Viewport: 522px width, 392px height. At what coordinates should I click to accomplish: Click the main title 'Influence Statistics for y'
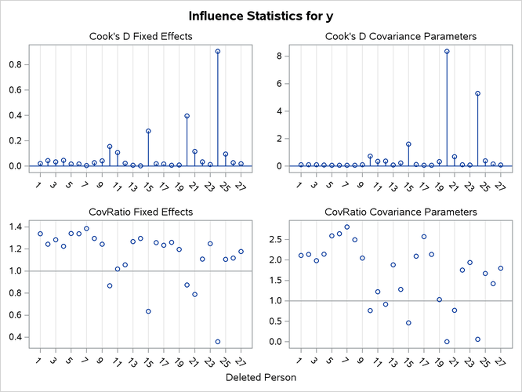(x=261, y=16)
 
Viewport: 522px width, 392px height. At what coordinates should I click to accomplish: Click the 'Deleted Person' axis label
(x=261, y=378)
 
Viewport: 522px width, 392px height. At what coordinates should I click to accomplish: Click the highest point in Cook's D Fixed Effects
(x=218, y=52)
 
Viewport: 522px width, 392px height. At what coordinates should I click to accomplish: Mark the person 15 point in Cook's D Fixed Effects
(x=148, y=131)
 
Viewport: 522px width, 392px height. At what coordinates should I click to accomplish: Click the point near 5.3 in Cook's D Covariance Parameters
(x=477, y=93)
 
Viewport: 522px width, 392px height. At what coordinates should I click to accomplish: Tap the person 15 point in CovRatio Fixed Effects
(x=148, y=311)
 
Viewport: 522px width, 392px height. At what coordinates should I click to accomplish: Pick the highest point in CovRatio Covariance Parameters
(x=347, y=227)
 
